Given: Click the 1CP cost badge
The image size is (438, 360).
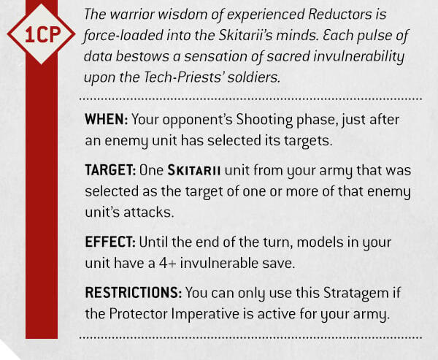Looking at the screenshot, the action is (x=42, y=34).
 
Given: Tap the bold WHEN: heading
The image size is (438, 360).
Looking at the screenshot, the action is (x=107, y=119).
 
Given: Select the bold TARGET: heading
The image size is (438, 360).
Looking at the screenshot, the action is (x=110, y=170).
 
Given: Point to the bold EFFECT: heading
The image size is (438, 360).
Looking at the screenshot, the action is (x=110, y=242).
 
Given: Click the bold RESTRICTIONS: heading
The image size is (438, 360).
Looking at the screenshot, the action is (x=134, y=293).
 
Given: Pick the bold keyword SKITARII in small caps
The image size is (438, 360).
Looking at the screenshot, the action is (x=194, y=170).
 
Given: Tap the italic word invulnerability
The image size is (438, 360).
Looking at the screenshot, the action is (x=358, y=57).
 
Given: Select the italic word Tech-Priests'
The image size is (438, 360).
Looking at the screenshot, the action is (x=183, y=77).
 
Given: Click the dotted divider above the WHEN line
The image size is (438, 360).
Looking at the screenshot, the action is (x=250, y=99).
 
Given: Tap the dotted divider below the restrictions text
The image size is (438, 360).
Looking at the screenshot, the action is (x=250, y=337).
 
